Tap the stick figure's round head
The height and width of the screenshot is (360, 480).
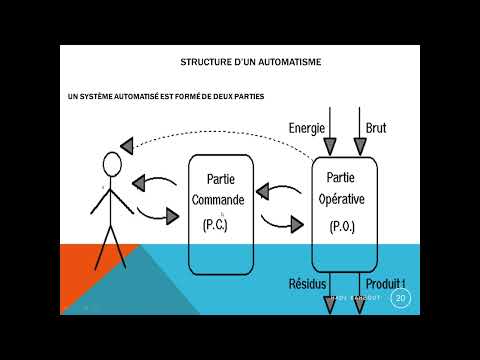[112, 163]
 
